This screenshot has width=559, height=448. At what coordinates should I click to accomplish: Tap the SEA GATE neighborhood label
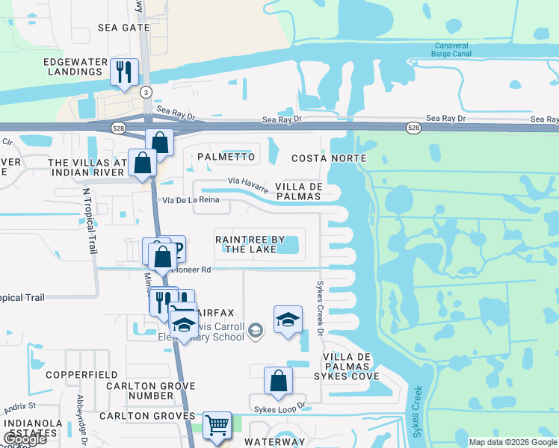[124, 28]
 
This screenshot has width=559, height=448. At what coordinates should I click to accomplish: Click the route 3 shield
[146, 91]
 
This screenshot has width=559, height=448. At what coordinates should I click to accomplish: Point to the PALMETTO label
[226, 158]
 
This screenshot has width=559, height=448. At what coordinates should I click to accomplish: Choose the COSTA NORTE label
[329, 158]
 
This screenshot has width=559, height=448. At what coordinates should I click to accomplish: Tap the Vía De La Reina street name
[190, 200]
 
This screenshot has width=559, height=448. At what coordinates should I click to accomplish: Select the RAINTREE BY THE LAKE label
[250, 244]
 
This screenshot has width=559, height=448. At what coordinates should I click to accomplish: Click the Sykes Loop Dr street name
[281, 406]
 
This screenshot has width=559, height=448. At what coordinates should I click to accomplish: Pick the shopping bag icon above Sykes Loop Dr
[278, 381]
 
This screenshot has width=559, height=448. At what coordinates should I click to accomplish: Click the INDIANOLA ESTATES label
[33, 429]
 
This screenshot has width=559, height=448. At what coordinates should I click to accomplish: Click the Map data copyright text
[512, 442]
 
